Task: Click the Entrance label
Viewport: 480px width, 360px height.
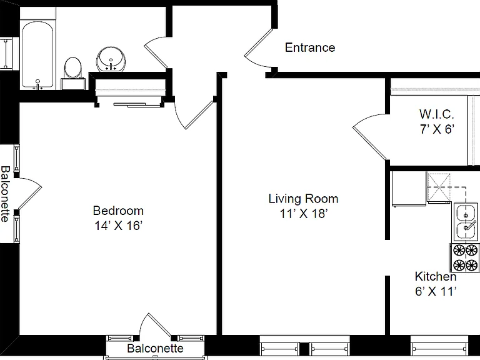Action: click(x=310, y=47)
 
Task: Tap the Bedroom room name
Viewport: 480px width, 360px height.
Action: click(x=118, y=211)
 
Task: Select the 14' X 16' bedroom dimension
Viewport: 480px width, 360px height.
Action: click(x=118, y=226)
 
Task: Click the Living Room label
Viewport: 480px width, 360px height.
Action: click(x=303, y=199)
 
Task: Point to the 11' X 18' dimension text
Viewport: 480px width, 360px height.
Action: click(x=304, y=214)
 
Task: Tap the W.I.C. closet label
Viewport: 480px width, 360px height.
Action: click(x=436, y=114)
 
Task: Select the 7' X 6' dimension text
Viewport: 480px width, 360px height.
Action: click(x=436, y=129)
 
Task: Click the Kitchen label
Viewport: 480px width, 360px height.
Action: click(x=436, y=276)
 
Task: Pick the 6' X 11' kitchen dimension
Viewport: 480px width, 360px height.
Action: click(x=436, y=291)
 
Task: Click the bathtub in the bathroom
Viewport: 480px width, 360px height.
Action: click(x=37, y=55)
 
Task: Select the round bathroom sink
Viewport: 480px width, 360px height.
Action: click(x=111, y=59)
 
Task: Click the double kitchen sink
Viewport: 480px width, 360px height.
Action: click(x=466, y=222)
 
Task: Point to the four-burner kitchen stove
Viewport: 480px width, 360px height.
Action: click(x=465, y=257)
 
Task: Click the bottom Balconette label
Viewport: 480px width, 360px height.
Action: click(x=155, y=348)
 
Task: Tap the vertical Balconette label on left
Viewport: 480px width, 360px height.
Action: click(x=6, y=194)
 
